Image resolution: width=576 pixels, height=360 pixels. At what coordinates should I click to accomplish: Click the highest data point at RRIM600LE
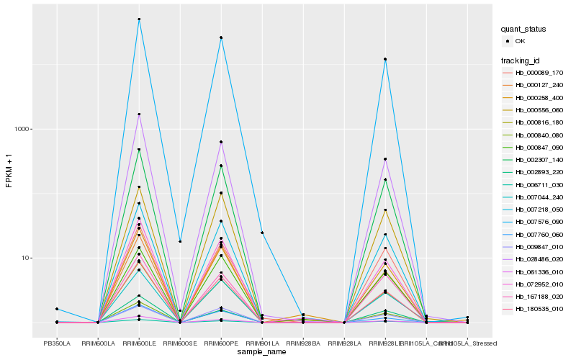pyautogui.click(x=139, y=19)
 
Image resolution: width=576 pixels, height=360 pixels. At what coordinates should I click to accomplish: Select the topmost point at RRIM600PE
pyautogui.click(x=221, y=37)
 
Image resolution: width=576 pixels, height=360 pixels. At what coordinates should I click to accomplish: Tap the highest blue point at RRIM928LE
pyautogui.click(x=386, y=59)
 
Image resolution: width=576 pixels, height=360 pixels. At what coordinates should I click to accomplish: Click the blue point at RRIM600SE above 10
pyautogui.click(x=180, y=241)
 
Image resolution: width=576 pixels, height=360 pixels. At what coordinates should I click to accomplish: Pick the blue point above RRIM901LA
pyautogui.click(x=262, y=233)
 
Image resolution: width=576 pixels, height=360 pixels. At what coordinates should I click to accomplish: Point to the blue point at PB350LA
pyautogui.click(x=57, y=309)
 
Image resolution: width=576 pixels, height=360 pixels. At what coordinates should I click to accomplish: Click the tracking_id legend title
pyautogui.click(x=521, y=60)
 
